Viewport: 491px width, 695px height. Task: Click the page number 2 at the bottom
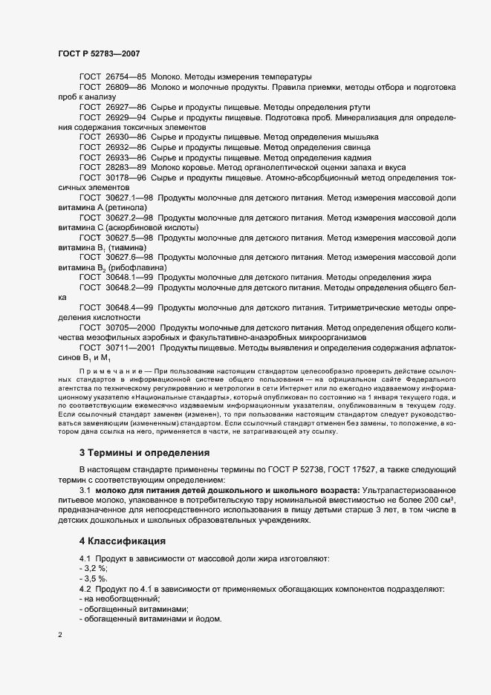(60, 636)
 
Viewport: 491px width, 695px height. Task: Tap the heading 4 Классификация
(122, 541)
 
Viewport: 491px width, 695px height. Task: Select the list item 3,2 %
(94, 567)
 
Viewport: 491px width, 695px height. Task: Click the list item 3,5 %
(94, 578)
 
